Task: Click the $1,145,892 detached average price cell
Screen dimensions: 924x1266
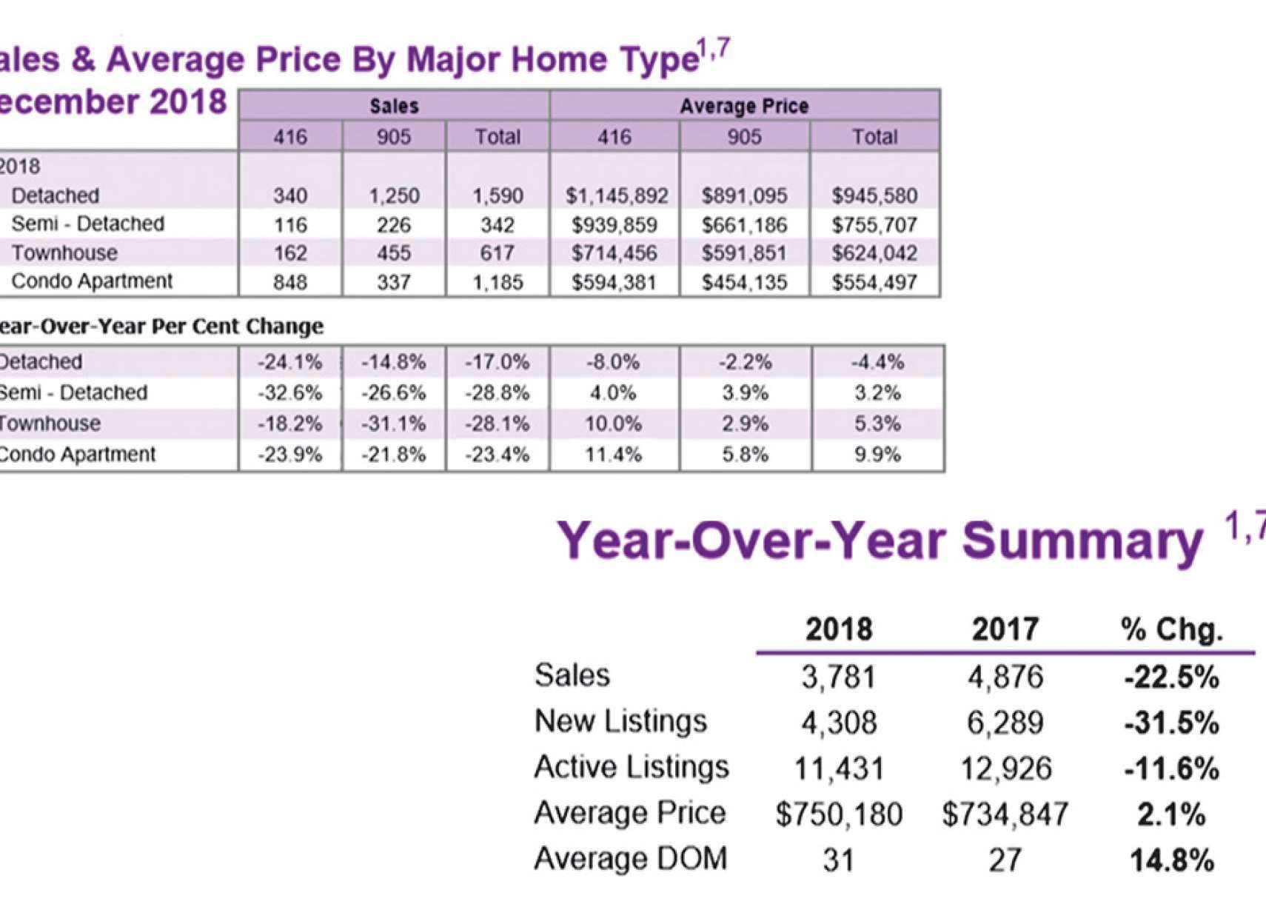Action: (616, 196)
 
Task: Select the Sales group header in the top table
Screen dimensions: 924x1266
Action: (394, 106)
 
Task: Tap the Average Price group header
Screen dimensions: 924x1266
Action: (744, 106)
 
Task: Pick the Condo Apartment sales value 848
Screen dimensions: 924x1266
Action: (289, 282)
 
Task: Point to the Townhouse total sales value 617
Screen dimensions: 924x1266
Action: (497, 253)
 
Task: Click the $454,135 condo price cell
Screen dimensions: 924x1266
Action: (744, 282)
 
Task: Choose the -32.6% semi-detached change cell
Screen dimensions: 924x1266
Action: (289, 392)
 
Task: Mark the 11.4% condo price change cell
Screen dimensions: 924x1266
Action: (613, 454)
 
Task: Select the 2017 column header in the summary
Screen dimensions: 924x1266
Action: (1005, 629)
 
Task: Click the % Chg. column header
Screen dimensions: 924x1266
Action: (1171, 629)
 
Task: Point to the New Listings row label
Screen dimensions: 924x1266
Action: (620, 721)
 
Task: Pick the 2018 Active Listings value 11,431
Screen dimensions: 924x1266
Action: (839, 769)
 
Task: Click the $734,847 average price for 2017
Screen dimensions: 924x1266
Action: (1005, 814)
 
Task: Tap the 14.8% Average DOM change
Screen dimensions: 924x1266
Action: (1171, 860)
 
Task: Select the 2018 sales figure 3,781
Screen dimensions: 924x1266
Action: (839, 677)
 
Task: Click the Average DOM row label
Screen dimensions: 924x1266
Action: (630, 859)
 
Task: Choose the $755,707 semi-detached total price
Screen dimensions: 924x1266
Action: (874, 224)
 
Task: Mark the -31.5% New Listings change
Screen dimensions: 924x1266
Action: (1171, 723)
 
